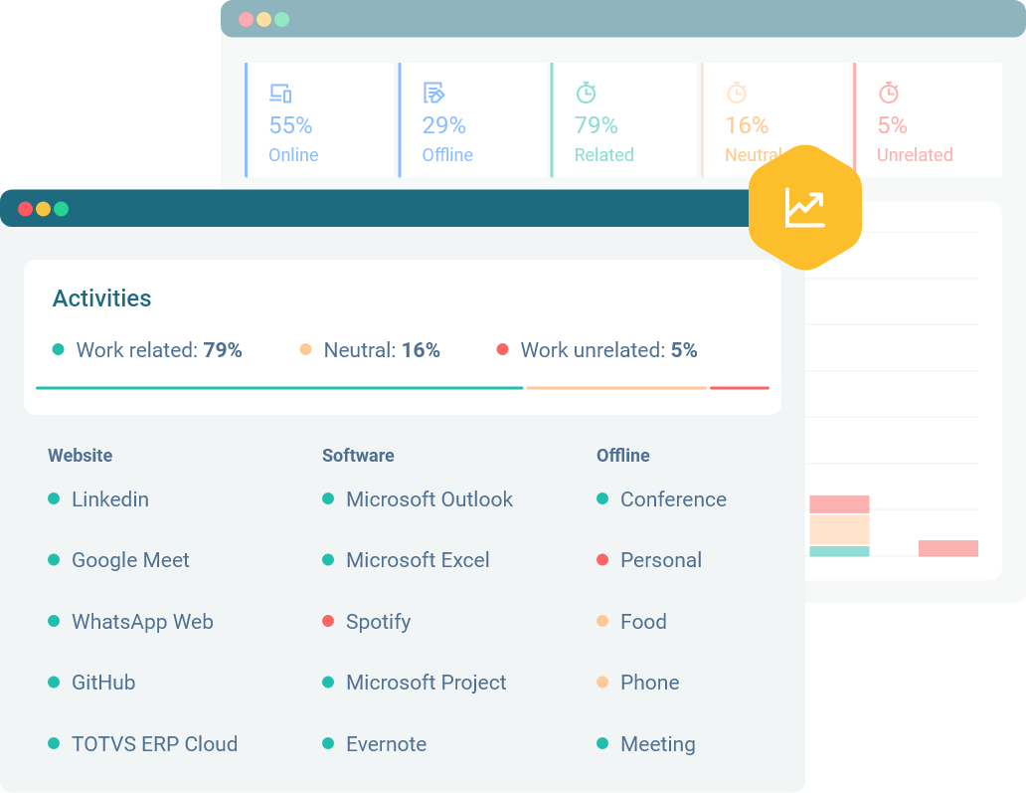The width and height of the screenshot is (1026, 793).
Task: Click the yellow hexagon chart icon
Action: pyautogui.click(x=804, y=207)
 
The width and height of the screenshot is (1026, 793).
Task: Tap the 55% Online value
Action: pyautogui.click(x=290, y=125)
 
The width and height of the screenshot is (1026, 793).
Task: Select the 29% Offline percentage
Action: pyautogui.click(x=443, y=125)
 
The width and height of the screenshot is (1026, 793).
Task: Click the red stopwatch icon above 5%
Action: pyautogui.click(x=889, y=93)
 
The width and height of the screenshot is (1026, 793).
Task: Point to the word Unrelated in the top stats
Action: pyautogui.click(x=914, y=155)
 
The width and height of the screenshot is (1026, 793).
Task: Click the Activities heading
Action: pyautogui.click(x=101, y=298)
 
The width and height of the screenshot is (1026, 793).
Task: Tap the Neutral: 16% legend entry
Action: pyautogui.click(x=370, y=350)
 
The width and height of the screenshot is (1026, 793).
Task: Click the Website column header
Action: pyautogui.click(x=80, y=456)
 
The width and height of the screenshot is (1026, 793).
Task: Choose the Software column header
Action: pyautogui.click(x=358, y=456)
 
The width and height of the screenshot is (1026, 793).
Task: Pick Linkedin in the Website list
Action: pyautogui.click(x=109, y=499)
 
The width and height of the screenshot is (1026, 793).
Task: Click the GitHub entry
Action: pyautogui.click(x=102, y=683)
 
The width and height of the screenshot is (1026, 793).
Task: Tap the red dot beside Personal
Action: pyautogui.click(x=602, y=560)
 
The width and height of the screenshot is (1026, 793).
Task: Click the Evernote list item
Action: pyautogui.click(x=386, y=744)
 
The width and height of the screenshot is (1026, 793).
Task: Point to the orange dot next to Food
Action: pyautogui.click(x=602, y=621)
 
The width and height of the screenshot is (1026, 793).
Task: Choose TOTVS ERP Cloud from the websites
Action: pyautogui.click(x=154, y=744)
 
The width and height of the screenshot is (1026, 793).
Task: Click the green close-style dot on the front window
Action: pyautogui.click(x=61, y=209)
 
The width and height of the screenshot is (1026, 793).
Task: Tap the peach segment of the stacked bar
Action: pyautogui.click(x=839, y=529)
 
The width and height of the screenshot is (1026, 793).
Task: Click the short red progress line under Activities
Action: pyautogui.click(x=740, y=387)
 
